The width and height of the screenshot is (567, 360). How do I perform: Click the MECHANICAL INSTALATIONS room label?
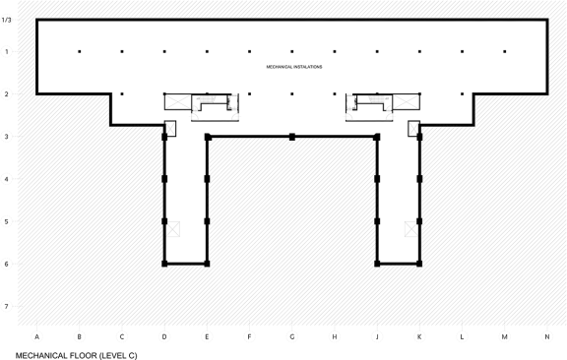pos(294,67)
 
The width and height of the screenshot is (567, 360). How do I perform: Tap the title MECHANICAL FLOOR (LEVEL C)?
pos(77,356)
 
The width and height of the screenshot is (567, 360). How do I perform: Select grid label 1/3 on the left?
pos(7,20)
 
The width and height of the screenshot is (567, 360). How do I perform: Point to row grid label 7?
pos(7,307)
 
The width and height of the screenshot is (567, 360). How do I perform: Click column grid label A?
pos(36,336)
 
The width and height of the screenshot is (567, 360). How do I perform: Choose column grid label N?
pos(547,336)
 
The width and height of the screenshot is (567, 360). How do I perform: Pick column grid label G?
pos(292,336)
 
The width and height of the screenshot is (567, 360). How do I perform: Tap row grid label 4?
pos(7,179)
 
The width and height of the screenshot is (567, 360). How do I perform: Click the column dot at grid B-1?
pos(80,52)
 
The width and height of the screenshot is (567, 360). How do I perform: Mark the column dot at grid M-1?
pos(505,52)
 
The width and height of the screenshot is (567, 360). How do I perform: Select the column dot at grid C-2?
pos(122,94)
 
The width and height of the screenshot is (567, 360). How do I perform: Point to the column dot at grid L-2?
pos(462,94)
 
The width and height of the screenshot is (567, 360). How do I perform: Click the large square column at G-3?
pos(292,137)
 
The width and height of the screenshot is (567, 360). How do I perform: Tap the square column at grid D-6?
pos(164,264)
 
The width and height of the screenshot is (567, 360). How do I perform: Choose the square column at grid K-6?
pos(419,264)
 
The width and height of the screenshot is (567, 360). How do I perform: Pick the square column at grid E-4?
pos(207,179)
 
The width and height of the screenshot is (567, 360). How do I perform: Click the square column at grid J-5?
pos(377,221)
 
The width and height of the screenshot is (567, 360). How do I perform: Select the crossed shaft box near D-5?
pos(173,229)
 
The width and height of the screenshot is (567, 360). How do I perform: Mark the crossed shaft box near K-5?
pos(411,229)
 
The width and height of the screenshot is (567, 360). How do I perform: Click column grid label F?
pos(249,336)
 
